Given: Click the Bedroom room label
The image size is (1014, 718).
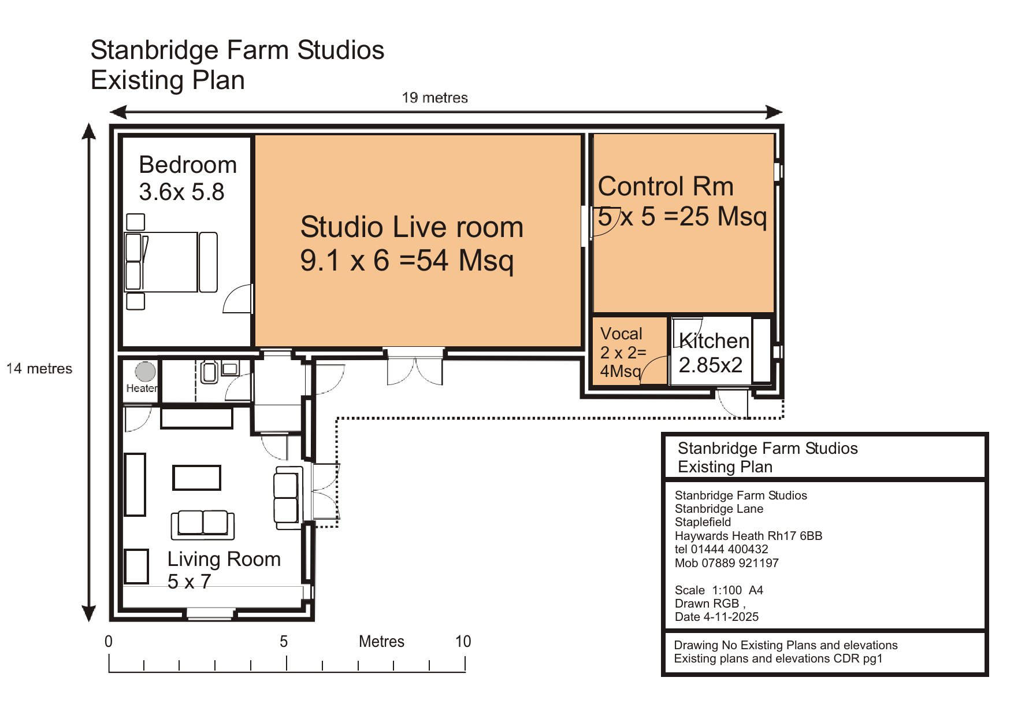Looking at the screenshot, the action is click(188, 165).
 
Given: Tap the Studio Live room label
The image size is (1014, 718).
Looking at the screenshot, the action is click(411, 227).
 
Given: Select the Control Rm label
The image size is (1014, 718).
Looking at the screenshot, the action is click(666, 187).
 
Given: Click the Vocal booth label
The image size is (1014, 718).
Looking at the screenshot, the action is click(621, 334).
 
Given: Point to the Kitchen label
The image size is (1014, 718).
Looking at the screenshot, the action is click(714, 341).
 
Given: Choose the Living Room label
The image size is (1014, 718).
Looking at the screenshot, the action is click(224, 559).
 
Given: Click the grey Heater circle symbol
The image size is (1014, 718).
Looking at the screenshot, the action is click(146, 371).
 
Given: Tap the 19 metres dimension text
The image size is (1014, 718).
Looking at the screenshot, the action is click(435, 98).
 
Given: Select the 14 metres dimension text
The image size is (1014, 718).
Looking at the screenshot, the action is click(39, 369).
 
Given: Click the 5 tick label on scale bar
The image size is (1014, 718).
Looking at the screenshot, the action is click(284, 642).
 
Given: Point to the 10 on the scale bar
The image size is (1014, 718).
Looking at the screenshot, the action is click(463, 642).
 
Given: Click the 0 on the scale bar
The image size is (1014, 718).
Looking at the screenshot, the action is click(109, 642).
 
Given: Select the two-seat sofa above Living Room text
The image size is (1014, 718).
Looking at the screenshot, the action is click(203, 524).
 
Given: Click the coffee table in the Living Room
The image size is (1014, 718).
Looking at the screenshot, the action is click(197, 478).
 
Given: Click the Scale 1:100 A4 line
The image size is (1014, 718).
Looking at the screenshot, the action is click(719, 590).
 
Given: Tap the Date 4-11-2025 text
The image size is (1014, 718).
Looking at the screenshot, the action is click(716, 617).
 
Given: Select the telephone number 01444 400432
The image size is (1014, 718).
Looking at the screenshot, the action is click(730, 549).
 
